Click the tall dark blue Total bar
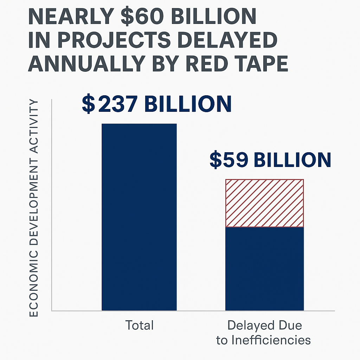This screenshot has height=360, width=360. [139, 217]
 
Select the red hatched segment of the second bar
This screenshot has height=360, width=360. [264, 203]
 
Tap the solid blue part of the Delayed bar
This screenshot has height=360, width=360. [264, 269]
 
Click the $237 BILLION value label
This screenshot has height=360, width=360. [156, 104]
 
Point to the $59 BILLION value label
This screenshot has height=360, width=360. [270, 160]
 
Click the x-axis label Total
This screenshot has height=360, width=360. [140, 325]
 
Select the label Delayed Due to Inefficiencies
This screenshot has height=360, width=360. [264, 333]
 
